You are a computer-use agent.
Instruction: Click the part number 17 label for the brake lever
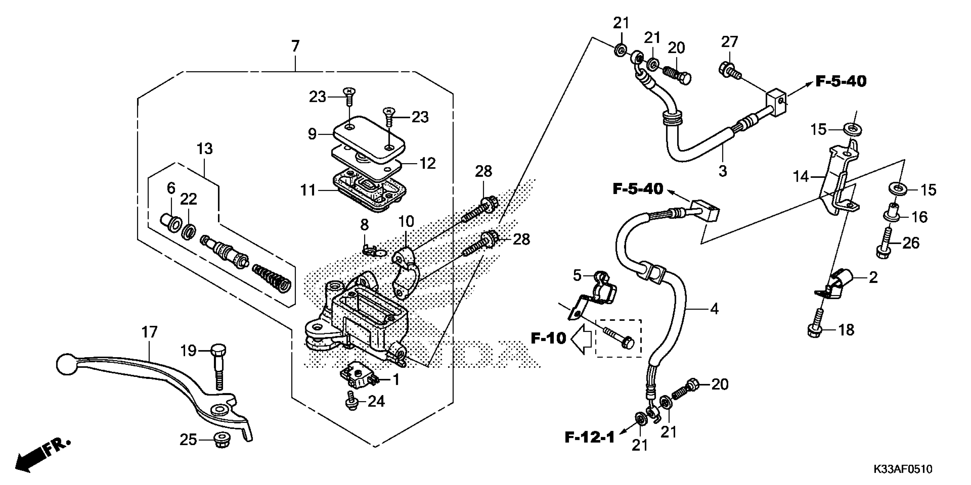(149, 332)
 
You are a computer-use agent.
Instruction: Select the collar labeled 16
(892, 213)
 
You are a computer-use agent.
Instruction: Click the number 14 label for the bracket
(801, 176)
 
